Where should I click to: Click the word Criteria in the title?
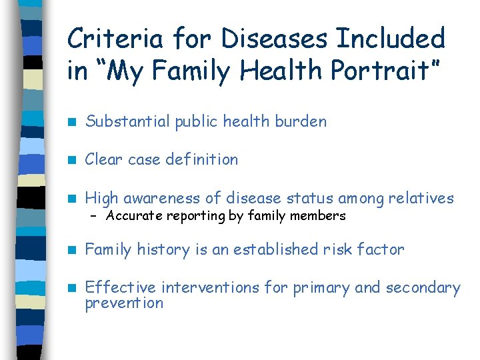coord(114,39)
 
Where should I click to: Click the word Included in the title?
coord(391,39)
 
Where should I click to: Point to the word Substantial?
coord(128,121)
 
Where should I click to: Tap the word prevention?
coord(124,303)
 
